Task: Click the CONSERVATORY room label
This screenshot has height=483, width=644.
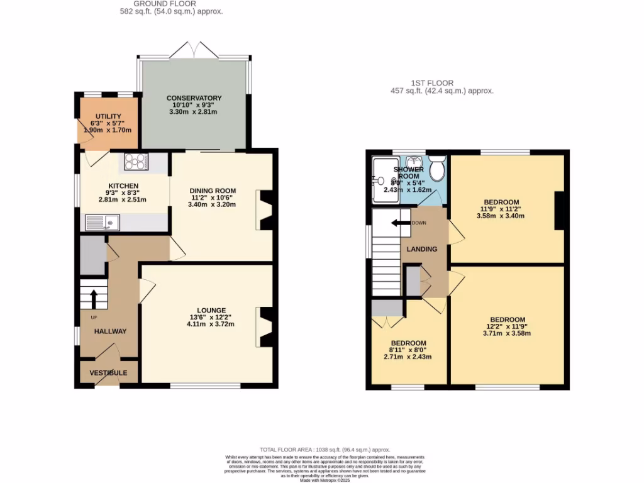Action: click(194, 98)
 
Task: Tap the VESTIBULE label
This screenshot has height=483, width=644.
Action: click(108, 373)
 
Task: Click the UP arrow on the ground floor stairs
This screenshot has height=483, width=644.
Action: click(93, 296)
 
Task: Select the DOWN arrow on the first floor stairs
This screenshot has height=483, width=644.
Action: click(398, 223)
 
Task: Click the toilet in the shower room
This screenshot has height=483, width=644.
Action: click(437, 170)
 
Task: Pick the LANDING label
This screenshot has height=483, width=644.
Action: click(421, 249)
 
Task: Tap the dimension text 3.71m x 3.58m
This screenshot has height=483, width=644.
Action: click(508, 333)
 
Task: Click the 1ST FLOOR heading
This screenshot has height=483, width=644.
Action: click(432, 83)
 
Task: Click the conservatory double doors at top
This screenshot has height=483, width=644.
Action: click(194, 49)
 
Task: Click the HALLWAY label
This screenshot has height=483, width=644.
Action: click(110, 331)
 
